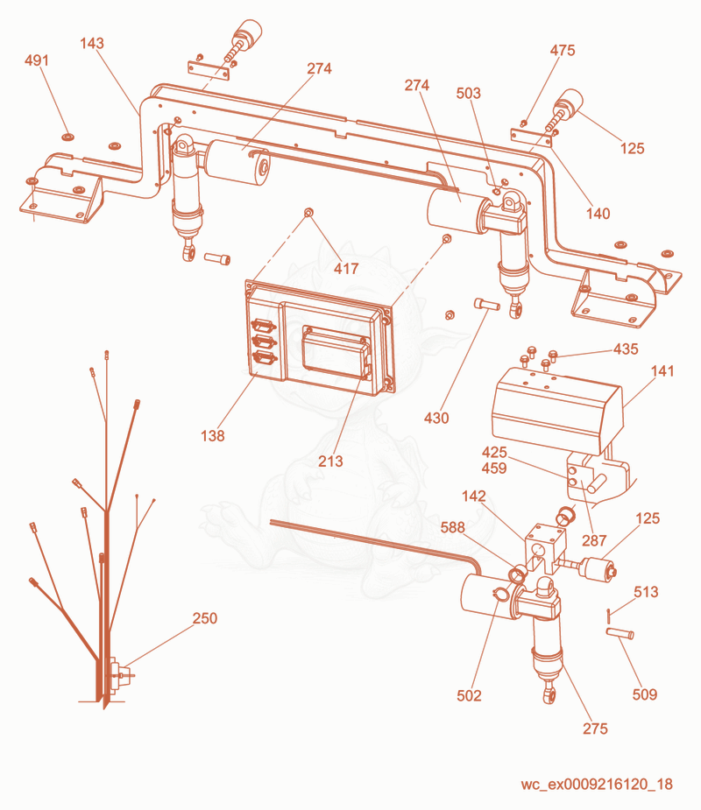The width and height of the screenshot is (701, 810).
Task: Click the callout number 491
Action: (37, 60)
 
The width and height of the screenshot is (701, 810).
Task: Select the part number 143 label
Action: (92, 44)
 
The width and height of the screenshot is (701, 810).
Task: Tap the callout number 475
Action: (563, 51)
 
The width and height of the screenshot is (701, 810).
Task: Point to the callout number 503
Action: (469, 94)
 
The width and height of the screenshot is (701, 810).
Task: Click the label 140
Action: (598, 214)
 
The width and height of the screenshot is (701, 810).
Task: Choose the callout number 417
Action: (346, 269)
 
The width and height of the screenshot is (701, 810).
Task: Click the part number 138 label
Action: (212, 436)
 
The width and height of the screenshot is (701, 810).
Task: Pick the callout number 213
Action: (330, 461)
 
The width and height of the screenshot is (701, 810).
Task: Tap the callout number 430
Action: (436, 418)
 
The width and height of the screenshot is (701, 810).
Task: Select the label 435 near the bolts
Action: (626, 349)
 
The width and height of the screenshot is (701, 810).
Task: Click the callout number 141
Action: (662, 371)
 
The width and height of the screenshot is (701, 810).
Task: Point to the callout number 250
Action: (205, 618)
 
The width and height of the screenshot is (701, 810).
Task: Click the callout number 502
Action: (469, 696)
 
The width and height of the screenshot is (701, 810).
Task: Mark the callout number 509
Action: (645, 694)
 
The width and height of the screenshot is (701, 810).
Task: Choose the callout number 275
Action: (595, 729)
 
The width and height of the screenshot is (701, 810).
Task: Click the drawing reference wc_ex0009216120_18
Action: (597, 785)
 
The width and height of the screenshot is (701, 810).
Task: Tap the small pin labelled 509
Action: (620, 633)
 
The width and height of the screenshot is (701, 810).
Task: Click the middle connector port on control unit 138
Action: (263, 342)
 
